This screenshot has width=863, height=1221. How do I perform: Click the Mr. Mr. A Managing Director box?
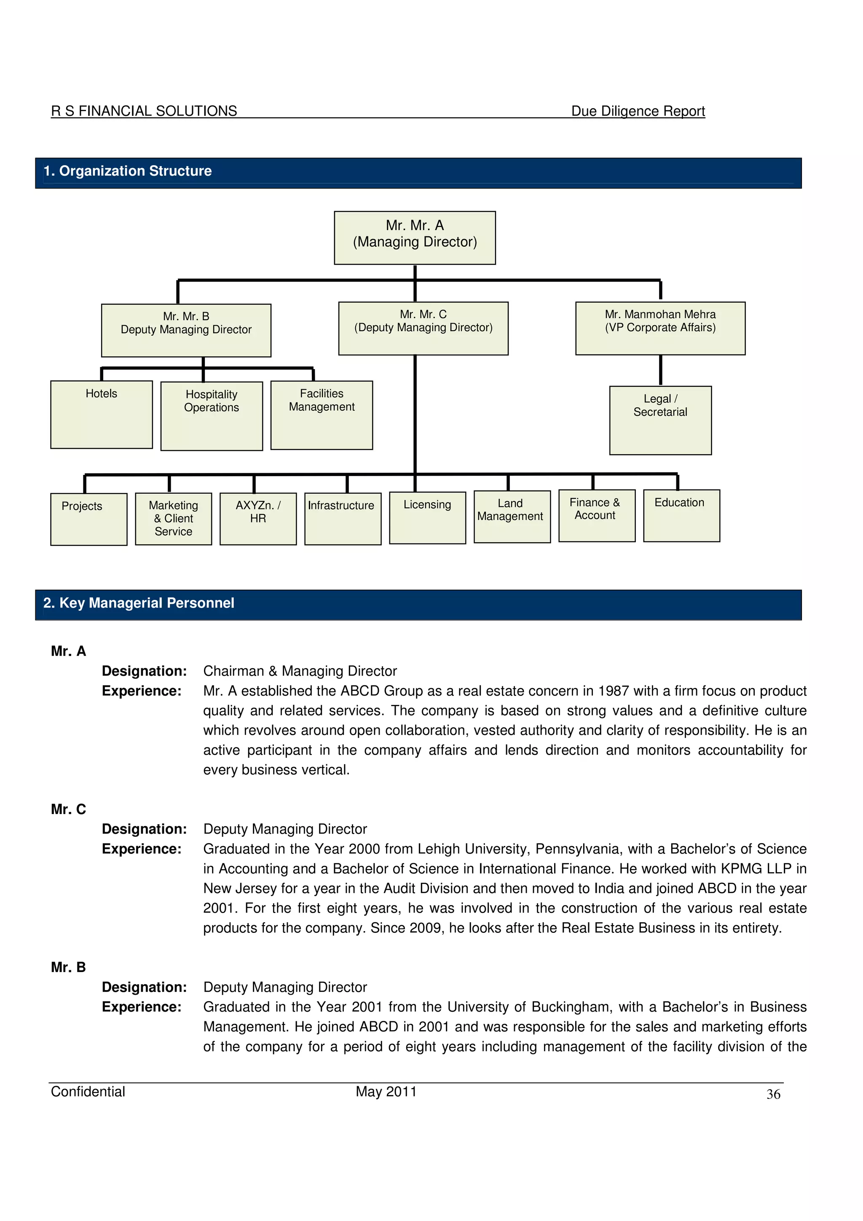coord(415,238)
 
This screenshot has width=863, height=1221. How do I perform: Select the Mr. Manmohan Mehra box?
coord(660,328)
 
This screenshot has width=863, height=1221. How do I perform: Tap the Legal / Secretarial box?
coord(660,420)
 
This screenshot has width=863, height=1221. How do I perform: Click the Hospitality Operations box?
coord(211,416)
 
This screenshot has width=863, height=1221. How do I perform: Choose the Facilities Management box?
coord(321,415)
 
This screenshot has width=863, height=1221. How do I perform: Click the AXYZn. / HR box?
coord(258,519)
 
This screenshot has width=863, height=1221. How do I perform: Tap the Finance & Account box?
coord(597,515)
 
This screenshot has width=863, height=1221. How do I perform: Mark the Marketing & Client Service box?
coord(173,519)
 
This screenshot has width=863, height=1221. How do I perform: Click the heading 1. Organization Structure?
coord(128,171)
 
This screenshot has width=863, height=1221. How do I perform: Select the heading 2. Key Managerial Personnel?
coord(139,603)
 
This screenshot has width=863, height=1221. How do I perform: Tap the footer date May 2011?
coord(386,1092)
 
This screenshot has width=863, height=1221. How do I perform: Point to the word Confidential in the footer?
coord(88,1092)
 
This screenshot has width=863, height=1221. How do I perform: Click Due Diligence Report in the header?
coord(638,111)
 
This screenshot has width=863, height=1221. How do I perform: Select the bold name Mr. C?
coord(69,809)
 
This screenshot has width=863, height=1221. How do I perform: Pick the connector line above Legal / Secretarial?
coord(660,370)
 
